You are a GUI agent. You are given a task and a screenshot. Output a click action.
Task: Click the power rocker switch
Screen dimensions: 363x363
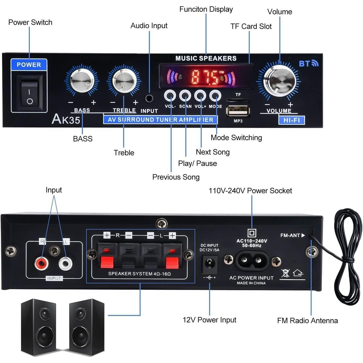30,93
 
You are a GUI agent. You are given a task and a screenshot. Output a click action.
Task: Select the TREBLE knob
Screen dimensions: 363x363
124,81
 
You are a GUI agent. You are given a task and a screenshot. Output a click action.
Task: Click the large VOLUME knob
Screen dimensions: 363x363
279,80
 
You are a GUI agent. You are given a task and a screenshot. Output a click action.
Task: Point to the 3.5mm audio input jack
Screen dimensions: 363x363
149,98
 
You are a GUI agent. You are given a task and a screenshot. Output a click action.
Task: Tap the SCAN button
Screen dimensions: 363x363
185,96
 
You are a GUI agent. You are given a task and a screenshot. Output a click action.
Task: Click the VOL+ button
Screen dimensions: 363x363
200,96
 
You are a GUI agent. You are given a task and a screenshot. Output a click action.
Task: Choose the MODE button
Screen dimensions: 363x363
215,96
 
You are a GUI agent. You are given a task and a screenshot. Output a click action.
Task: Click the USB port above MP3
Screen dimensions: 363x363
238,111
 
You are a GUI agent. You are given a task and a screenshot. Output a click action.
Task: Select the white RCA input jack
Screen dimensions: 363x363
65,263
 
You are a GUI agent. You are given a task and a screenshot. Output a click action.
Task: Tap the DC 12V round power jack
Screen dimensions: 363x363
210,264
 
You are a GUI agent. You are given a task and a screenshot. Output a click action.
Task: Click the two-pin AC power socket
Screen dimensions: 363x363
252,260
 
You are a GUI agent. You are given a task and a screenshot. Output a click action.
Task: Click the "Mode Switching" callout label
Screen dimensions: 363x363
236,138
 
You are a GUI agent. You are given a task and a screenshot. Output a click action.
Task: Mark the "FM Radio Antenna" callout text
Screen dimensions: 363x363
307,321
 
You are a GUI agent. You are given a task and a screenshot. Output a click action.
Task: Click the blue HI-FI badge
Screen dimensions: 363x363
291,120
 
